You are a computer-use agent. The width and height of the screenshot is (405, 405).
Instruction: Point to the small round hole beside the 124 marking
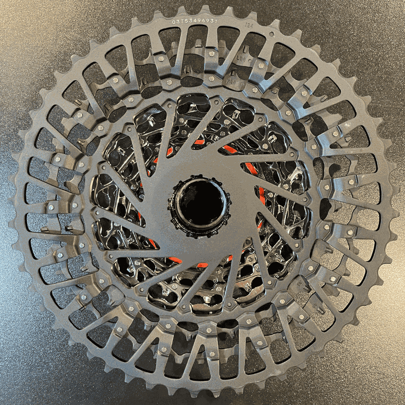[271, 34]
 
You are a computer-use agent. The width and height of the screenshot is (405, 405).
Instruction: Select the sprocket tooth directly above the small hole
[275, 22]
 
